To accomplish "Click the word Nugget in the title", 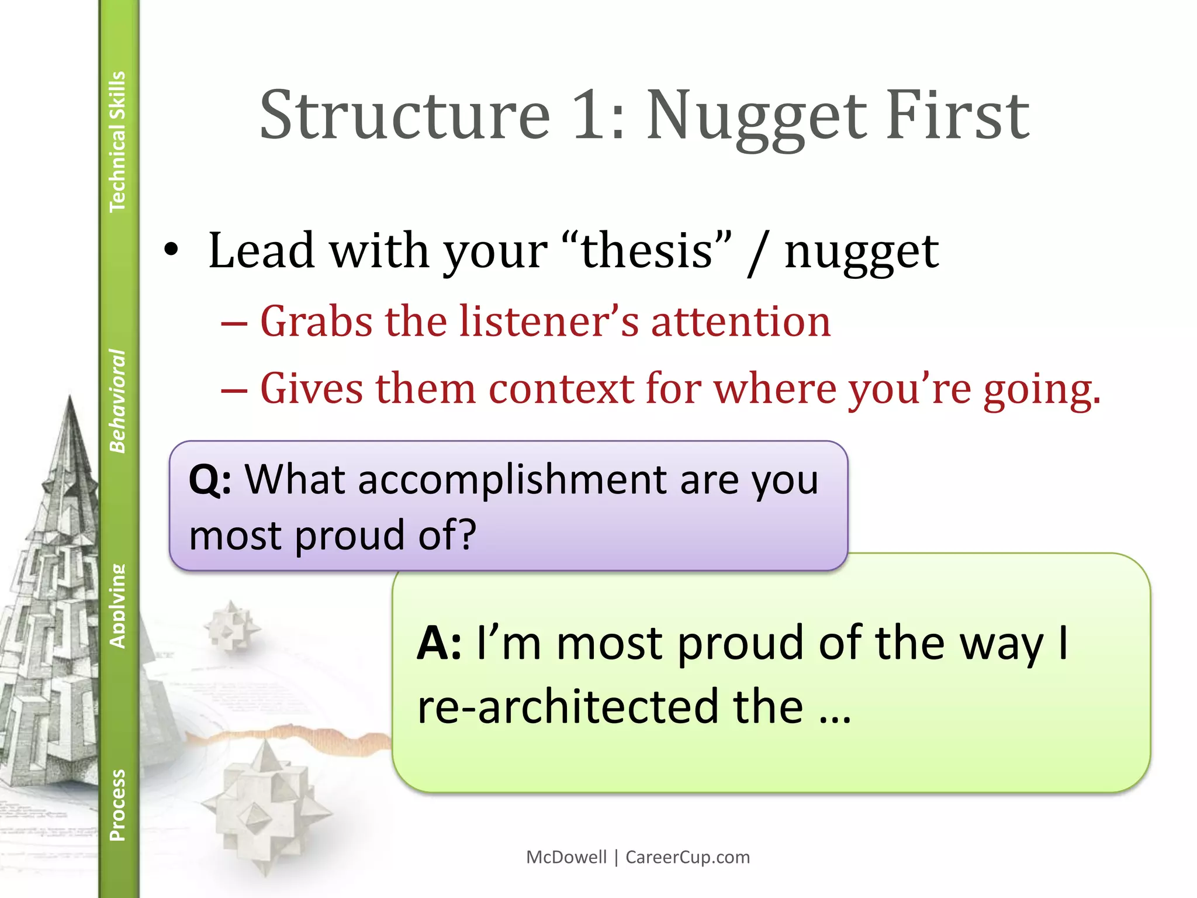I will point(756,117).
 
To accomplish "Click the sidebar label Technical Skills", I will point(117,141).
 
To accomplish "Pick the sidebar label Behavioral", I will point(117,401).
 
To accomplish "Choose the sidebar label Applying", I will point(117,606).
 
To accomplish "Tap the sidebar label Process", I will point(117,805).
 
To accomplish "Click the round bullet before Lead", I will point(171,250).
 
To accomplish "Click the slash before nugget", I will point(758,253).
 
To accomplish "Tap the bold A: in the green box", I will point(439,644).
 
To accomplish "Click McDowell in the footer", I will point(566,857).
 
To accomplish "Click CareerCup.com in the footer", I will point(687,857).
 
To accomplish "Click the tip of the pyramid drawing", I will point(70,398).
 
